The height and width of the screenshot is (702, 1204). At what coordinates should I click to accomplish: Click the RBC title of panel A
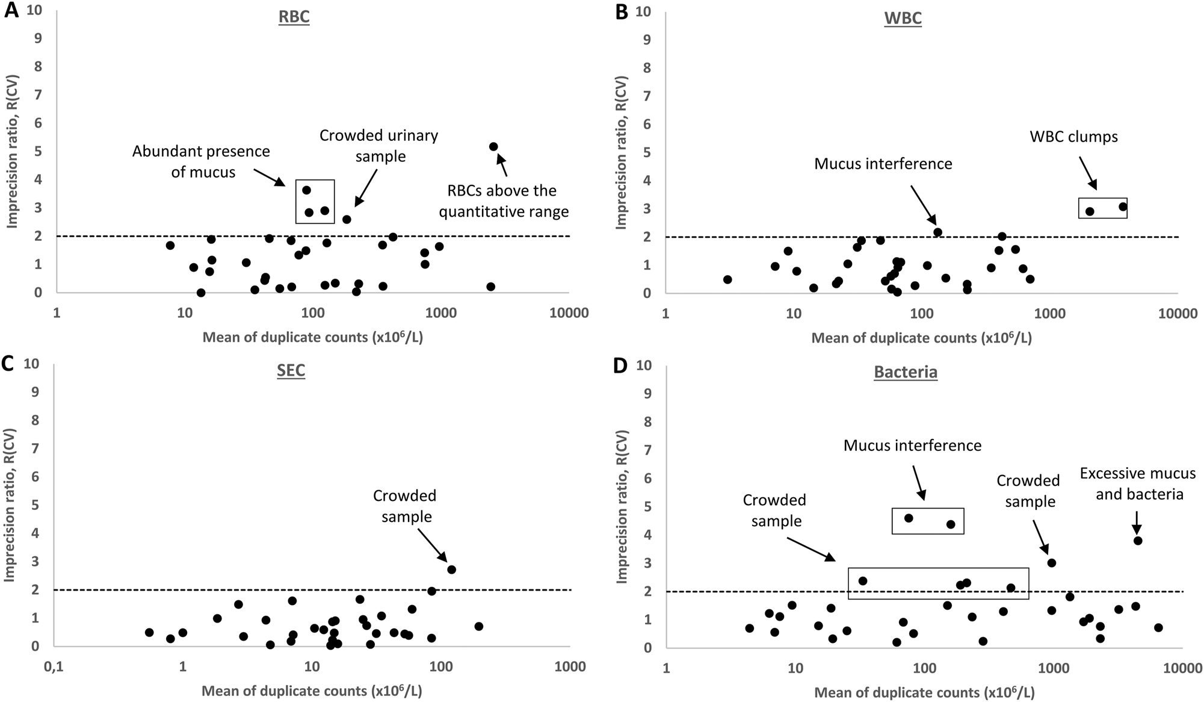tap(294, 17)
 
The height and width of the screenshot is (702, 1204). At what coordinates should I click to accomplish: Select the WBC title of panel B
tap(903, 18)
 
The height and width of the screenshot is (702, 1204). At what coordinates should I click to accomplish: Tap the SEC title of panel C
tap(291, 370)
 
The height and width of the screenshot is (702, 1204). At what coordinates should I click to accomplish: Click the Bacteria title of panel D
tap(906, 372)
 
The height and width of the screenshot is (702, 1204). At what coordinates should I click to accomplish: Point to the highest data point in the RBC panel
tap(493, 146)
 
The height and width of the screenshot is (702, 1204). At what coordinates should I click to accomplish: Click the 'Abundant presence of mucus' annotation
tap(201, 161)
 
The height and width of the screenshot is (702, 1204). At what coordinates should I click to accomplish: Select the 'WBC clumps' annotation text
tap(1073, 137)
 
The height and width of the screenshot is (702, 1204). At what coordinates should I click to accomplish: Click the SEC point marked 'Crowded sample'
tap(451, 570)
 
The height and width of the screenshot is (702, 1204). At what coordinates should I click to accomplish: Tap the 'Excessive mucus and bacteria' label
tap(1137, 483)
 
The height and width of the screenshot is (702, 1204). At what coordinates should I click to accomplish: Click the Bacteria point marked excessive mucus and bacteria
tap(1137, 541)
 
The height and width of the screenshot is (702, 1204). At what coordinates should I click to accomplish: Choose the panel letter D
tap(620, 365)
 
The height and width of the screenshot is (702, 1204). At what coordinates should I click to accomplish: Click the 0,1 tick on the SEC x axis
tap(54, 667)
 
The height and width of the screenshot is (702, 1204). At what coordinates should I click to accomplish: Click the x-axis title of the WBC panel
tap(921, 338)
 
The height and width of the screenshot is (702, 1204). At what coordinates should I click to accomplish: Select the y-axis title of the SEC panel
tap(10, 504)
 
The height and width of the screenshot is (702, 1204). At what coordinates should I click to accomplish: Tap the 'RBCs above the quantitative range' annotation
tap(503, 201)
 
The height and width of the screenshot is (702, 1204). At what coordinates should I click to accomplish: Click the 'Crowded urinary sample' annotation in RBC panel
tap(378, 146)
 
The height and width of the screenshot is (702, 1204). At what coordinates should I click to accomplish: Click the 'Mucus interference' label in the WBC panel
tap(883, 164)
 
